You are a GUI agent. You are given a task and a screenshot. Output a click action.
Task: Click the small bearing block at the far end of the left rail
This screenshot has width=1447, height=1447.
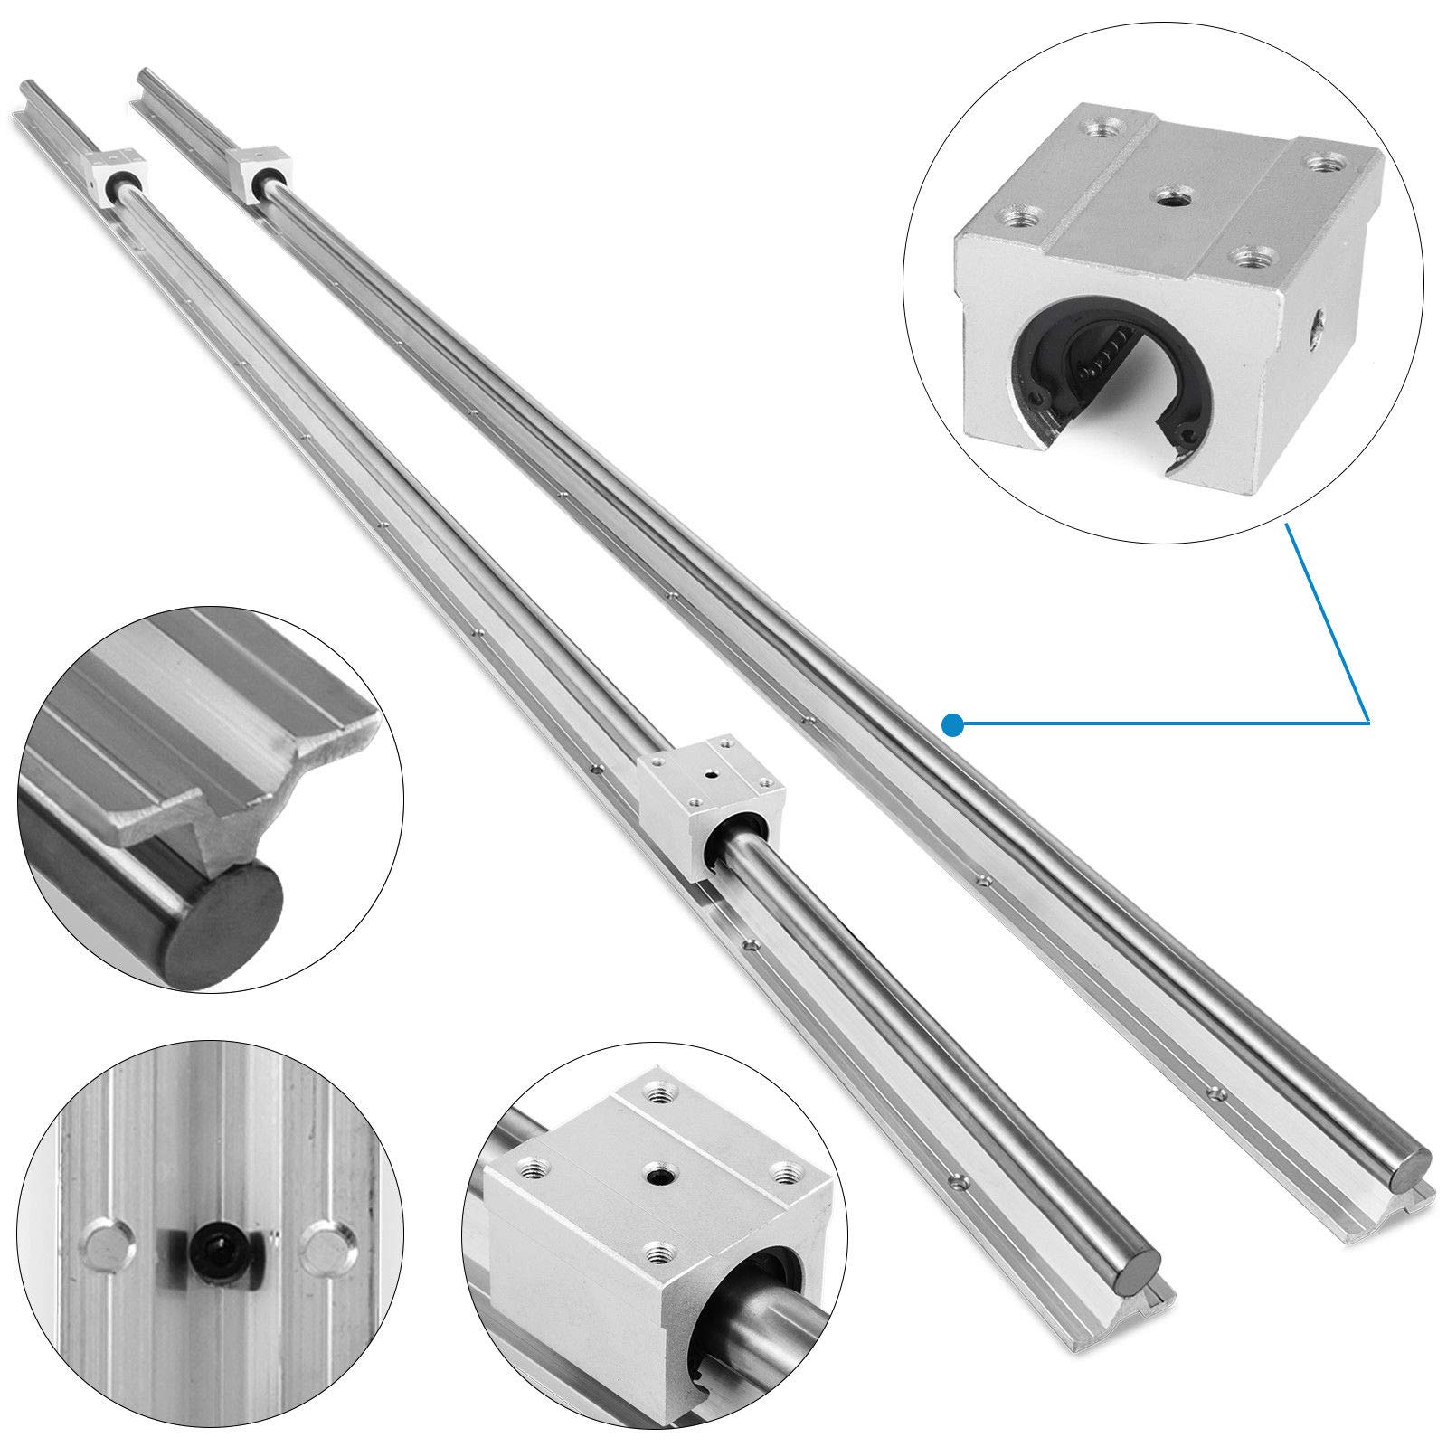point(114,174)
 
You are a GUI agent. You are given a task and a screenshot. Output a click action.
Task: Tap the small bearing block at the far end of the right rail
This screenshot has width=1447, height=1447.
point(255,166)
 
